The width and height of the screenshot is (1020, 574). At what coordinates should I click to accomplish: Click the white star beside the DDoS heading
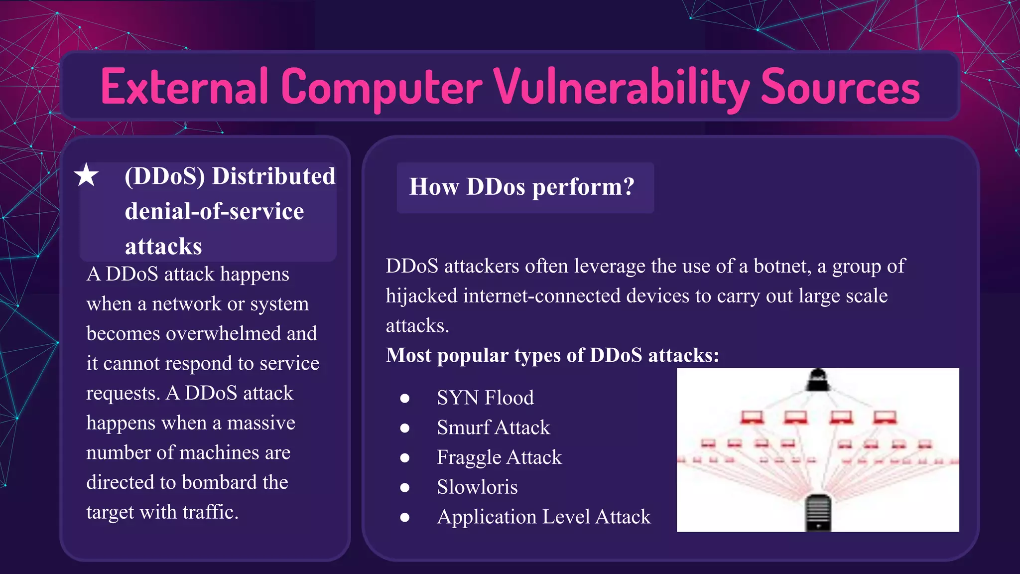[x=86, y=175]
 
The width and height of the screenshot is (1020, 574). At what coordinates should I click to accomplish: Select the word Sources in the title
[x=840, y=87]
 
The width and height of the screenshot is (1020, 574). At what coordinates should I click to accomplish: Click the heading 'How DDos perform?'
[x=521, y=187]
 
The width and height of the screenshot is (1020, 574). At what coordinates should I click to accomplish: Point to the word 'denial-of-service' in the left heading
[x=214, y=211]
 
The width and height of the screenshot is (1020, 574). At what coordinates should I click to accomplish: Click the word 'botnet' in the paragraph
[x=782, y=266]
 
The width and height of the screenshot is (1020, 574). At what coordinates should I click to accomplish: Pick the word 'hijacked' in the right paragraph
[x=421, y=296]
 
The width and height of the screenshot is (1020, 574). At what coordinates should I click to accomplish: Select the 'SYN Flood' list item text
[x=485, y=398]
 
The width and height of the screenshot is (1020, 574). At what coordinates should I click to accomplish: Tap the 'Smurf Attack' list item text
[x=493, y=428]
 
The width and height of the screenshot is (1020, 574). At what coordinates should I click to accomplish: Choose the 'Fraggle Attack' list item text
[x=499, y=457]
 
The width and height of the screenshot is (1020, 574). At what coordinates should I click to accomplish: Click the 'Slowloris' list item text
[x=477, y=487]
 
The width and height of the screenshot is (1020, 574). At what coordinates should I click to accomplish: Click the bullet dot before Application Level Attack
[x=405, y=518]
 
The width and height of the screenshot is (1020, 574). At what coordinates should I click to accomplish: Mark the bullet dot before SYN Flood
[x=405, y=398]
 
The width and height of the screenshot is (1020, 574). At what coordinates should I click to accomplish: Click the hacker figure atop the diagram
[x=818, y=380]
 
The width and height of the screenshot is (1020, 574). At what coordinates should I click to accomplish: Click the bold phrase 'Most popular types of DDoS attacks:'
[x=552, y=355]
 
